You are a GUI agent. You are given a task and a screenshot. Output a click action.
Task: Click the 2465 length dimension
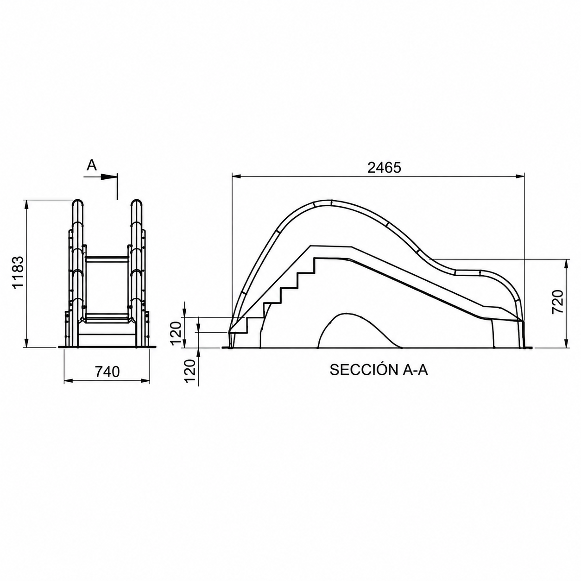tap(384, 168)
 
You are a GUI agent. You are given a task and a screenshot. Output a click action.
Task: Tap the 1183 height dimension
tap(19, 272)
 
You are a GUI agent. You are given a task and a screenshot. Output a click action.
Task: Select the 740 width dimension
tap(107, 372)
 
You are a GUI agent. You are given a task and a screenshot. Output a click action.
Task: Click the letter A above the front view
tap(92, 165)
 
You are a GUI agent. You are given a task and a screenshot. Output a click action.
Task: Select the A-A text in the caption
tap(415, 369)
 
